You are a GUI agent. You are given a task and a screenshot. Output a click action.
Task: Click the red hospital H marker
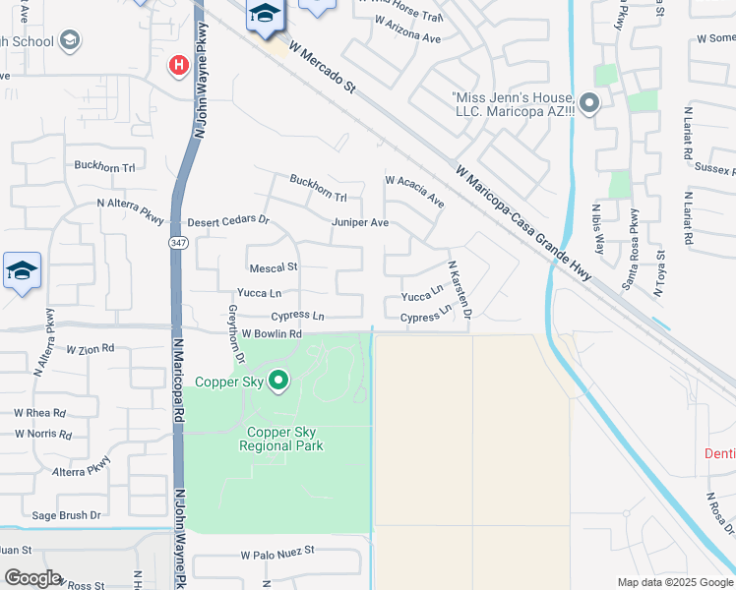point(179,66)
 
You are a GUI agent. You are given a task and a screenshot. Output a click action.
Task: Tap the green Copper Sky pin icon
point(278,381)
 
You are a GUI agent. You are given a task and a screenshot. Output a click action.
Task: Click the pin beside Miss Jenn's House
point(589,102)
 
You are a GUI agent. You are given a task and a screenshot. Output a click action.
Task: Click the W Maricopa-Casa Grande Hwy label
point(525,222)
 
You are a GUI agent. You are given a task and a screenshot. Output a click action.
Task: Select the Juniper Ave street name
point(360,223)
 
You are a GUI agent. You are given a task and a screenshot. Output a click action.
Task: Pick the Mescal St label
point(274,267)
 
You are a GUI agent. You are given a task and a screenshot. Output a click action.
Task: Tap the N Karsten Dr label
point(460,289)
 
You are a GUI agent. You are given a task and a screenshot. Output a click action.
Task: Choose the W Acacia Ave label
point(415,192)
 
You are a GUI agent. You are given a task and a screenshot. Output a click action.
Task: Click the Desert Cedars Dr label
point(228,221)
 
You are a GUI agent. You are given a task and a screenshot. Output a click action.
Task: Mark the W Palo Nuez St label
point(277,552)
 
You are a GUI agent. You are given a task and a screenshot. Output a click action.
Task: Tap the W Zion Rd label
point(91,349)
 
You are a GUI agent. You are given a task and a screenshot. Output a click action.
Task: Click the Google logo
point(32,578)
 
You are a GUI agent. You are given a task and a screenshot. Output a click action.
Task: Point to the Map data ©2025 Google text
point(676,582)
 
